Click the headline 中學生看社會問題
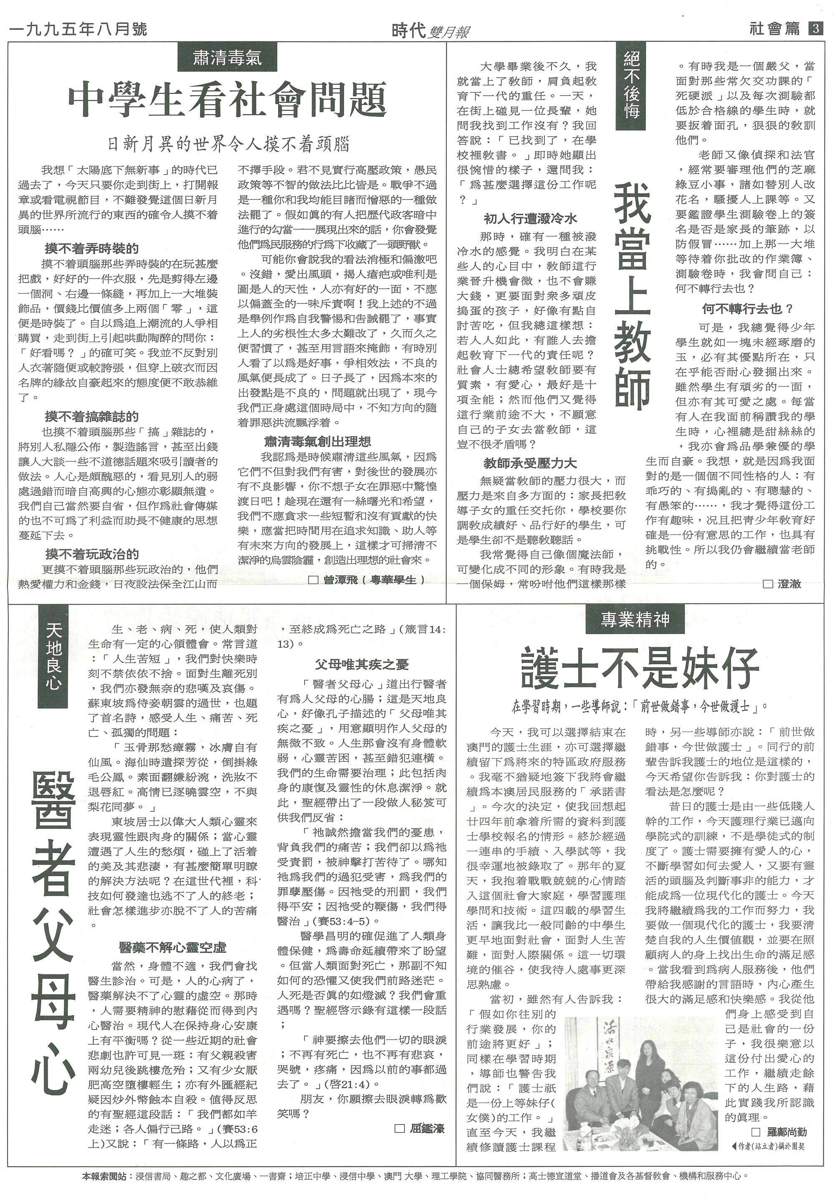(x=228, y=100)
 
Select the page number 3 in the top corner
(x=816, y=29)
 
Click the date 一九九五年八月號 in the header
(x=78, y=29)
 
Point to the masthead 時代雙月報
(x=430, y=31)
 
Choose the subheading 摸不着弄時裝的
(x=92, y=248)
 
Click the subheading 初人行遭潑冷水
(x=530, y=219)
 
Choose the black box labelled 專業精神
(x=635, y=621)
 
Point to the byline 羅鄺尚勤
(x=783, y=1131)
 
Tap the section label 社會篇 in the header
(x=774, y=29)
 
